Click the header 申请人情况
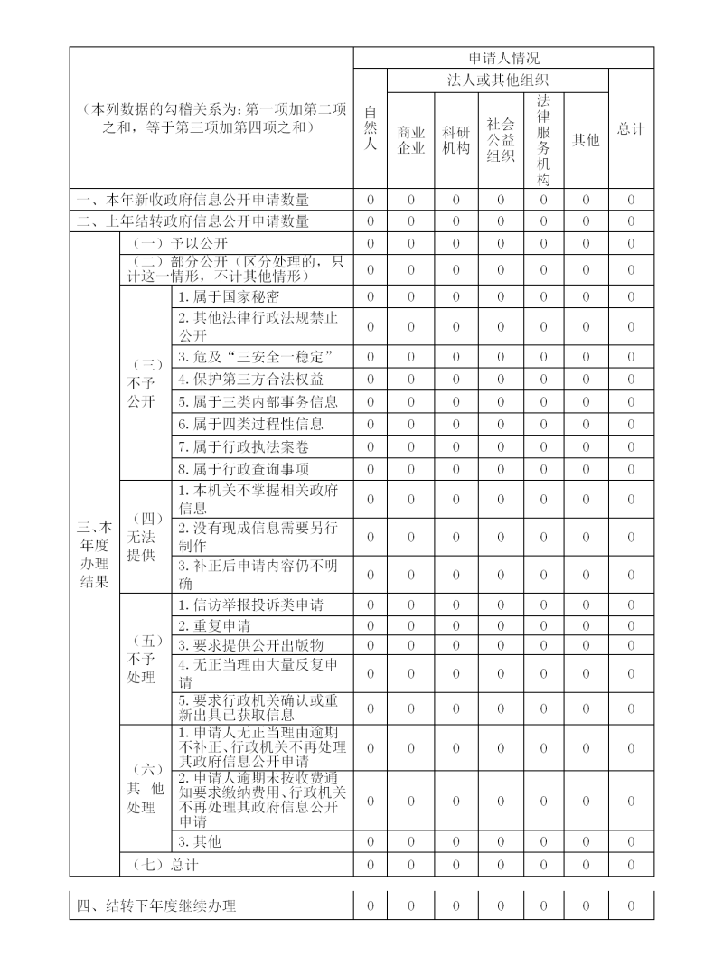503,58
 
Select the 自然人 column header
370,128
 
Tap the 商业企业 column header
411,140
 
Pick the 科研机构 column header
455,140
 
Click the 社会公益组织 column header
500,140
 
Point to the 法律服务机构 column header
543,140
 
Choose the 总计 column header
631,128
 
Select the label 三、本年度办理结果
94,554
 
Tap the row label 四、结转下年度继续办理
156,905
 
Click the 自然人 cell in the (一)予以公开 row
370,244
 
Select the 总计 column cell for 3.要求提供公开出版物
631,645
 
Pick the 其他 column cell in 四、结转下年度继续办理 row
586,905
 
